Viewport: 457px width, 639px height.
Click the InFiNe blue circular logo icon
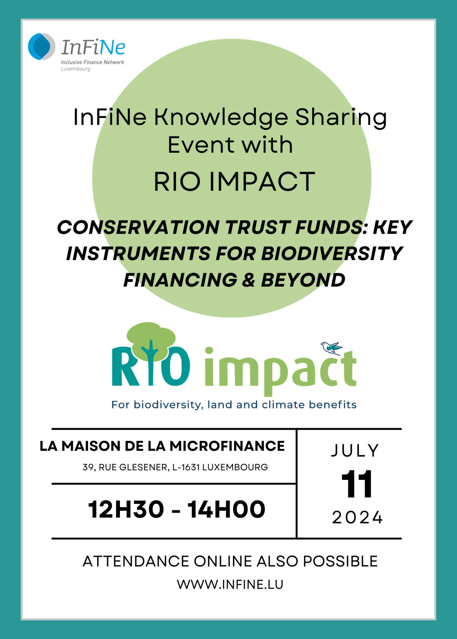click(x=41, y=47)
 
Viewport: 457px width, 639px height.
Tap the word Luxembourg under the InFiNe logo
click(x=76, y=69)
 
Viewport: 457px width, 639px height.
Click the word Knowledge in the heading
click(x=221, y=118)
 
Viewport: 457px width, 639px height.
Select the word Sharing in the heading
click(x=341, y=118)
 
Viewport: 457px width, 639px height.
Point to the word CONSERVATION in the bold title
click(x=138, y=227)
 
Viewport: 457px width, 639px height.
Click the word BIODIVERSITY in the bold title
click(x=332, y=254)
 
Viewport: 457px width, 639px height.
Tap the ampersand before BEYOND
click(x=248, y=280)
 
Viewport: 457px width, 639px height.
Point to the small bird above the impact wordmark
click(x=331, y=347)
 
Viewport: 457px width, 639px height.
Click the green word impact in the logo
click(x=280, y=371)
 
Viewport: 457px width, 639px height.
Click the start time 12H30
click(x=126, y=510)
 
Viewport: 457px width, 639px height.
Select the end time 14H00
click(x=227, y=510)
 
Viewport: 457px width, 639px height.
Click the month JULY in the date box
click(x=355, y=451)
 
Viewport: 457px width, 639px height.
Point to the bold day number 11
click(x=357, y=484)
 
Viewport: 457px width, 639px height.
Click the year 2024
click(x=357, y=518)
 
